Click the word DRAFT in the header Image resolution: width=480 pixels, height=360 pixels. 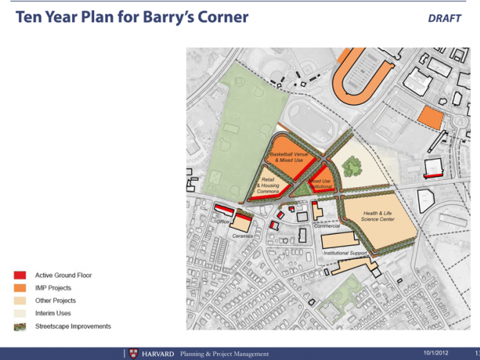coord(444,18)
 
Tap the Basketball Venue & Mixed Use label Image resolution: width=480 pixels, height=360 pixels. coord(289,157)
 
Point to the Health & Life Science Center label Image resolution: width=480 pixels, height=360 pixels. coord(378,216)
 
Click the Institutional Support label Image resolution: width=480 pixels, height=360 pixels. coord(346,253)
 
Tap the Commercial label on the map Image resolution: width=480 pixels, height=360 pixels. coord(327,226)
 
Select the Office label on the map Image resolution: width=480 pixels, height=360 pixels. coord(223,222)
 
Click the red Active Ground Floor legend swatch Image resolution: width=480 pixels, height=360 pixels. coord(20,275)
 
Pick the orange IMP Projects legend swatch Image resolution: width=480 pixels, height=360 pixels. coord(20,288)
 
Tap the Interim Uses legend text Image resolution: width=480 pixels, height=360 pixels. coord(53,313)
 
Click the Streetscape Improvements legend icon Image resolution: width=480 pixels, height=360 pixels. coord(20,327)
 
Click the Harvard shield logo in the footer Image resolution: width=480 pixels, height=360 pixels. coord(134,354)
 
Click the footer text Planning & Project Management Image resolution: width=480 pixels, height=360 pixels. coord(219,354)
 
